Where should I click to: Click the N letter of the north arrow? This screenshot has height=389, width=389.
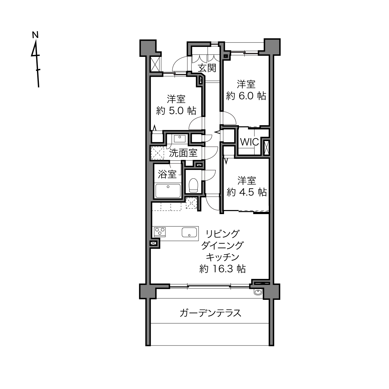(x=35, y=34)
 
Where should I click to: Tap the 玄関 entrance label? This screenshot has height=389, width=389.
(x=207, y=68)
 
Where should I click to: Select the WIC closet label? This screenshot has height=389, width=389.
(x=249, y=142)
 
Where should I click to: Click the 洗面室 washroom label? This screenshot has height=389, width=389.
(x=183, y=153)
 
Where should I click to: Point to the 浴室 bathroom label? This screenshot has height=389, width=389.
(x=167, y=174)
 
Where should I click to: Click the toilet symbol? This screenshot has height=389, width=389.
(x=194, y=185)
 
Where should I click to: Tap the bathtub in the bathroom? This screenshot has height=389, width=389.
(x=168, y=191)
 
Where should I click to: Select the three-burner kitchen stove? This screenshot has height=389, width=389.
(x=160, y=232)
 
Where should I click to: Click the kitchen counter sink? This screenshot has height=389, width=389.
(x=189, y=232)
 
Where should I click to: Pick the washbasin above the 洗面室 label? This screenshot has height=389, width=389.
(x=180, y=139)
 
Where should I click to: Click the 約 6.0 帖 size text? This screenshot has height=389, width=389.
(x=246, y=96)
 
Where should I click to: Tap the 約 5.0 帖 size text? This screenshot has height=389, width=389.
(x=176, y=111)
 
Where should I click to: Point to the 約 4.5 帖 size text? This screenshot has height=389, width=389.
(x=247, y=192)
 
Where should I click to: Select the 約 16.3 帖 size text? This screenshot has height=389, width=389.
(x=222, y=269)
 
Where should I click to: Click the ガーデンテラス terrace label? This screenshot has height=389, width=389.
(x=210, y=313)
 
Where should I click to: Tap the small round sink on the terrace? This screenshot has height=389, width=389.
(x=258, y=292)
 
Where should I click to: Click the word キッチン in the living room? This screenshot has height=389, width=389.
(x=222, y=257)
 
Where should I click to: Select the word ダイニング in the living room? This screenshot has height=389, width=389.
(x=222, y=245)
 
